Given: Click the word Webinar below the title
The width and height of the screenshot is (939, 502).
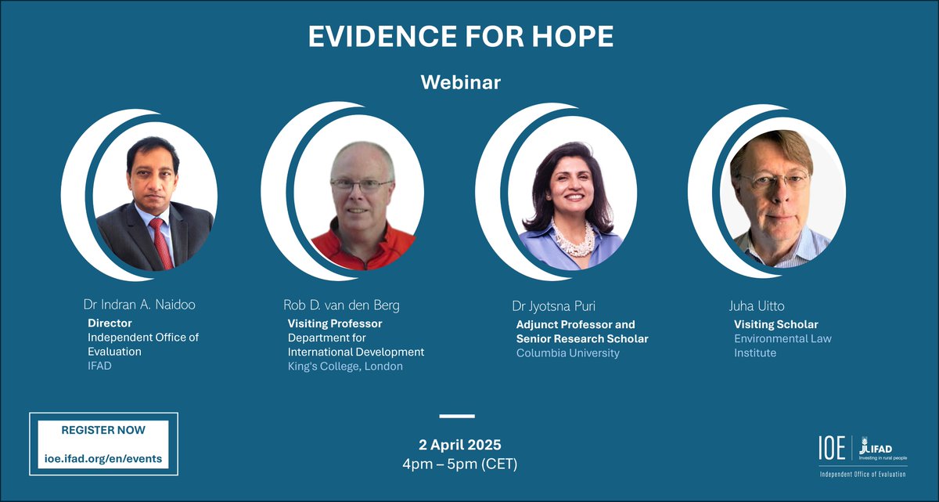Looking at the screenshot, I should click(460, 82).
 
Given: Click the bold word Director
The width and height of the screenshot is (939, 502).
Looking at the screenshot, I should click(110, 323).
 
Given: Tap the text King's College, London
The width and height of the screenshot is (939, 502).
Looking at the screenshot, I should click(345, 366).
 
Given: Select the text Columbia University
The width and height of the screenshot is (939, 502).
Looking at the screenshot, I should click(567, 352).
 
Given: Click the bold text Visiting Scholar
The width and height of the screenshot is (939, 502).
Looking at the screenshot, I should click(775, 324).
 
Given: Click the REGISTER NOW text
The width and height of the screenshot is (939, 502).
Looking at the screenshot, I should click(103, 430).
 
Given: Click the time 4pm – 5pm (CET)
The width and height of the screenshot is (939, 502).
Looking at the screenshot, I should click(460, 464).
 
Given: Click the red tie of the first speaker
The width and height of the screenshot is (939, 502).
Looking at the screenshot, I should click(161, 242).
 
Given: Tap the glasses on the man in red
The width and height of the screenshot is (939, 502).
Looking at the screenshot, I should click(361, 186).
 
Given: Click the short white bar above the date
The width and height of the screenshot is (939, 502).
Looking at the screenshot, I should click(457, 416).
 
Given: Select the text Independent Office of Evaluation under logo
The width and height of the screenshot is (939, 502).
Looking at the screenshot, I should click(862, 475).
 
